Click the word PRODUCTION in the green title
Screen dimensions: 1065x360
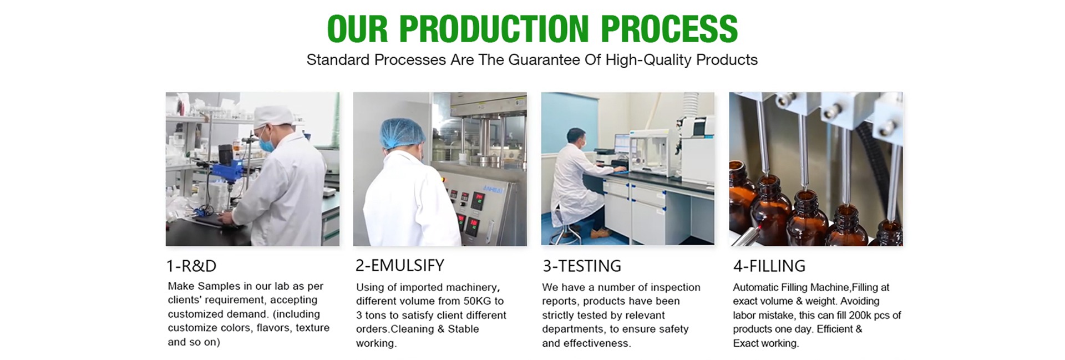coord(494,28)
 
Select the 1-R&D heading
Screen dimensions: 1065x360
coord(191,266)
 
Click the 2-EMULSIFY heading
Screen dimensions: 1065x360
coord(400,266)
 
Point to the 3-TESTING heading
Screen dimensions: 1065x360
coord(582,266)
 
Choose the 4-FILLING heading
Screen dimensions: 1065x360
coord(769,266)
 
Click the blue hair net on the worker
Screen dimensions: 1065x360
coord(402,134)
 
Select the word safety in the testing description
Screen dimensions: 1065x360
coord(672,329)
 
